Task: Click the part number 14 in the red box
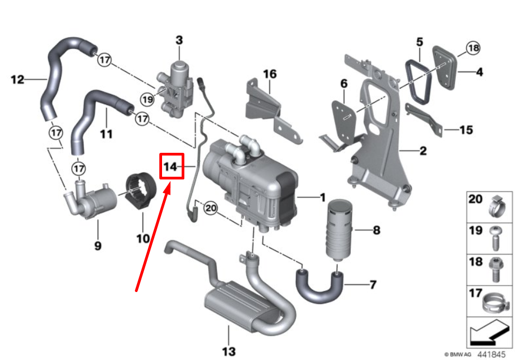click(171, 166)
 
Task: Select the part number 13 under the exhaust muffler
click(229, 351)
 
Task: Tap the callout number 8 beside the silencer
click(376, 231)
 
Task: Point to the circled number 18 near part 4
click(473, 48)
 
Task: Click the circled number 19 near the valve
click(146, 99)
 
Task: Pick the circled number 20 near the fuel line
click(210, 207)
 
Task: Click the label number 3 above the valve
click(179, 40)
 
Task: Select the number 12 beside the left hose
click(17, 80)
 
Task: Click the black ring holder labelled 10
click(142, 192)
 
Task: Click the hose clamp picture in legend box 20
click(499, 205)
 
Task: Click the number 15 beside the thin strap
click(466, 131)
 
